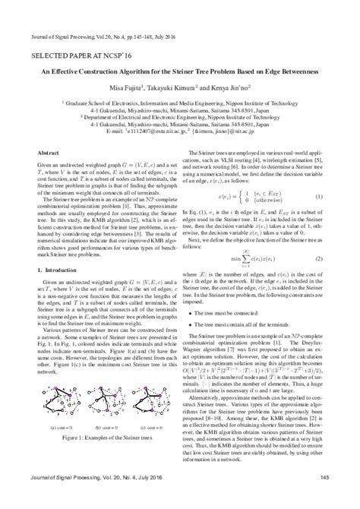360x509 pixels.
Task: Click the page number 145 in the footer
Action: pos(334,498)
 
